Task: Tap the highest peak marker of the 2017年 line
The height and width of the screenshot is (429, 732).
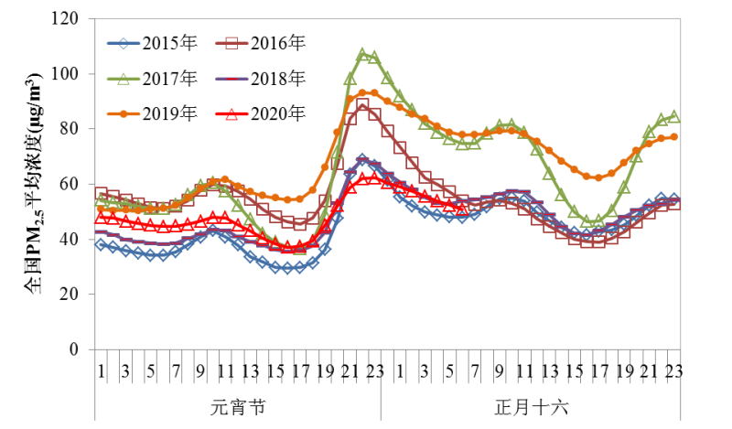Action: [x=362, y=55]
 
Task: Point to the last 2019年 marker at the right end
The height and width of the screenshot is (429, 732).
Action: [x=673, y=137]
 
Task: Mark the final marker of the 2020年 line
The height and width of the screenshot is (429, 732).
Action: [x=460, y=206]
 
